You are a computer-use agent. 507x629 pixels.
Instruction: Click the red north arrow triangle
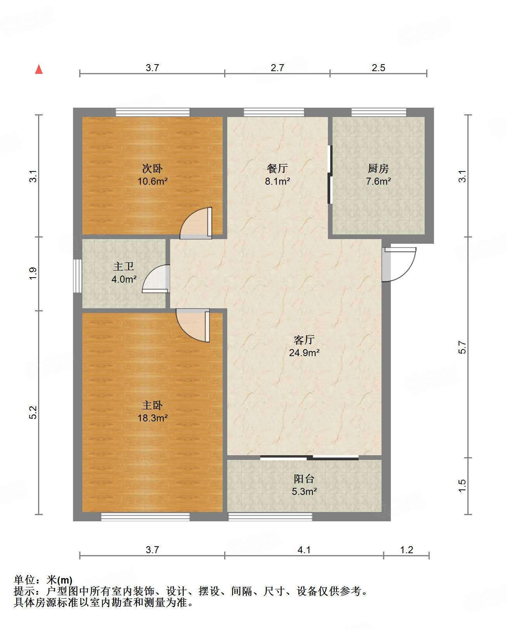point(39,70)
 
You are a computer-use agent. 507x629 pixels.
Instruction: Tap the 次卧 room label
point(152,168)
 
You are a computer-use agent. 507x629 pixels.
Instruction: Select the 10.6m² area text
point(152,181)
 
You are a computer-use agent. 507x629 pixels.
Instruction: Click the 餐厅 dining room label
point(277,168)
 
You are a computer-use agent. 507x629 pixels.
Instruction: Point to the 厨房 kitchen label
point(378,168)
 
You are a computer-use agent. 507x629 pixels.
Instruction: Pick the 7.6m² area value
point(378,181)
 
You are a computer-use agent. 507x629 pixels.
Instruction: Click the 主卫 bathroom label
point(124,266)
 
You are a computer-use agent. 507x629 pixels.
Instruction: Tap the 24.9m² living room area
point(304,353)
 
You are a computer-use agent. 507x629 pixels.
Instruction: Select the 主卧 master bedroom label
point(152,405)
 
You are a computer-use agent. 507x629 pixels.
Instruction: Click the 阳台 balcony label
point(304,479)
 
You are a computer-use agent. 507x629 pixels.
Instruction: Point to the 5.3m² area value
point(304,491)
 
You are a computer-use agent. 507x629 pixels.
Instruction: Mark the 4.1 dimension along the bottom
point(304,550)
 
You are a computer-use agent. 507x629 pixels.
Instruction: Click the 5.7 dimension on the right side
point(462,347)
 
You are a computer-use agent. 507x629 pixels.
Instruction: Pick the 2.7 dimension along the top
point(277,68)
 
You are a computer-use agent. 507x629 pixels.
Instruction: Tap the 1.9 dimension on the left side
point(33,273)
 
